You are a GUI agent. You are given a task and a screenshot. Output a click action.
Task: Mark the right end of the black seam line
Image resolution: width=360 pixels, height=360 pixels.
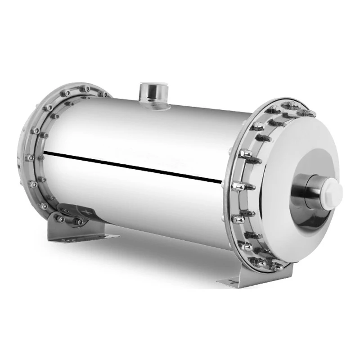tap(222, 182)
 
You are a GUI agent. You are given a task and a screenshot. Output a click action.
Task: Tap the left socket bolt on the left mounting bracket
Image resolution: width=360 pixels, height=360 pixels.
tap(60, 219)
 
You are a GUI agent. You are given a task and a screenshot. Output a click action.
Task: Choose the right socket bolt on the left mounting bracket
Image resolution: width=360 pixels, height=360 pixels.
tap(79, 222)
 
